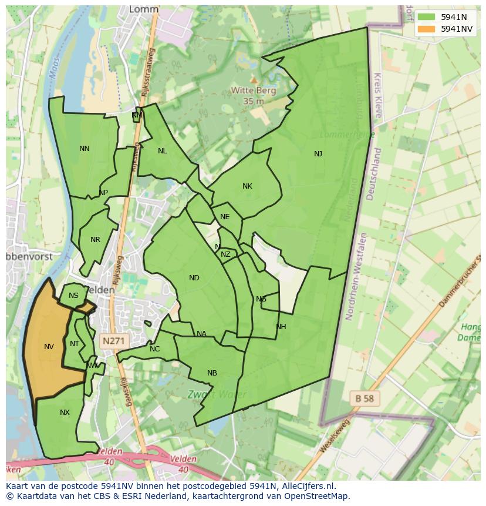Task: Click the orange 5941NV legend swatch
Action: (427, 29)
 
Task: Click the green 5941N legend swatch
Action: (427, 17)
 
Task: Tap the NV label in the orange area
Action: (49, 347)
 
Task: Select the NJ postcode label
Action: (318, 154)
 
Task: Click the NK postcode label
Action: (247, 186)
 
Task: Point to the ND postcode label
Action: (194, 278)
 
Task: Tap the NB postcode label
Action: (212, 373)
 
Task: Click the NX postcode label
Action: (65, 413)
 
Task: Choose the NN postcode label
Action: (85, 149)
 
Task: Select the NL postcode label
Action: (163, 151)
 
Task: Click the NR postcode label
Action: (95, 240)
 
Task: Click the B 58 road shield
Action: (365, 398)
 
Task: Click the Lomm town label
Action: (144, 10)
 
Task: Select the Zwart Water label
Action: (209, 394)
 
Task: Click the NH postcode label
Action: (281, 327)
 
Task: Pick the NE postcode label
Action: (225, 217)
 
